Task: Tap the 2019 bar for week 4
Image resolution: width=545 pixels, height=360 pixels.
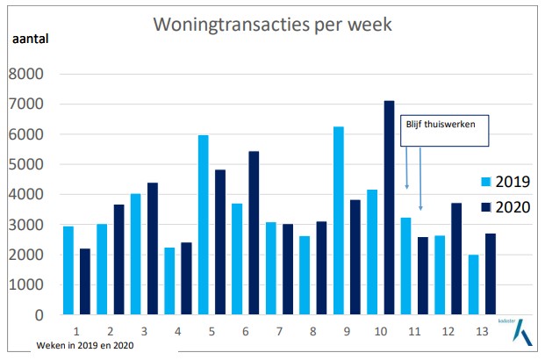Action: [169, 281]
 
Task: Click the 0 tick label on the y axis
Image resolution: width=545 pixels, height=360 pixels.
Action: [38, 315]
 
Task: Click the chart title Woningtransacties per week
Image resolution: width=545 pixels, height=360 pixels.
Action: [272, 24]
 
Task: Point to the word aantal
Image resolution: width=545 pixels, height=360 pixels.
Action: [31, 39]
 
